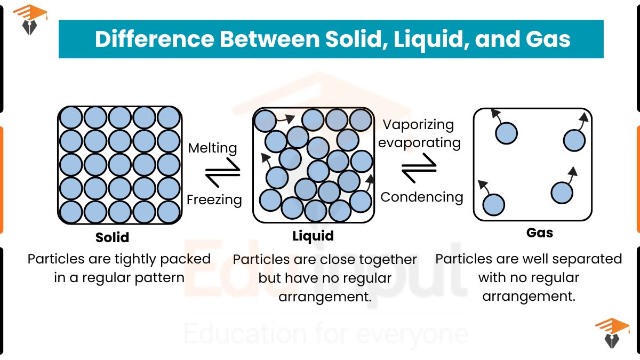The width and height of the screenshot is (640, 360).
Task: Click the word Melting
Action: [x=213, y=148]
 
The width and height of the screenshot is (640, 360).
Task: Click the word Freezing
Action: [x=214, y=200]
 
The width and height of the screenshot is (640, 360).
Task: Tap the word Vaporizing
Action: [x=419, y=125]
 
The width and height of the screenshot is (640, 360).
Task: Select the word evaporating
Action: [x=420, y=142]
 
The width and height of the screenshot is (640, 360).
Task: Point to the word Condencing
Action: [x=422, y=197]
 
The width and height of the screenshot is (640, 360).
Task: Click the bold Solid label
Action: [x=113, y=237]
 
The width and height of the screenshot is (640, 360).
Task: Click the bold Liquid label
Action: [x=313, y=236]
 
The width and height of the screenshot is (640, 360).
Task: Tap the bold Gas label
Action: [x=540, y=233]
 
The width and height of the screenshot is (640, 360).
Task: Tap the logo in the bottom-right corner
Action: [x=611, y=333]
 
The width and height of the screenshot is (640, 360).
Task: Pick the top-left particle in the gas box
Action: [x=506, y=133]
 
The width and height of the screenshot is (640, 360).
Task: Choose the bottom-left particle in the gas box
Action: [x=493, y=204]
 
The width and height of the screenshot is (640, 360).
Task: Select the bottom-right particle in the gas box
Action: [x=562, y=193]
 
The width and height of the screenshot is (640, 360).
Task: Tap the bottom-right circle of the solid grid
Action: [x=169, y=212]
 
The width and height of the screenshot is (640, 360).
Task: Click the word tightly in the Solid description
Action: [x=136, y=259]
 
